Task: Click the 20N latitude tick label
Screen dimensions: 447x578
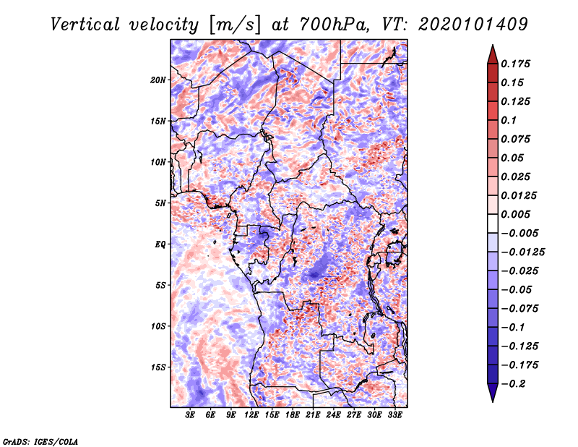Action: click(x=158, y=80)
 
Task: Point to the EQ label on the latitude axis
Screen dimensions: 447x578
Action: click(x=160, y=244)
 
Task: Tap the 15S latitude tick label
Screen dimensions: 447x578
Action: click(x=158, y=367)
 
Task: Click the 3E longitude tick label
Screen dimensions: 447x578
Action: click(x=191, y=416)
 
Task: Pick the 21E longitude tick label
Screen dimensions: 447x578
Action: click(x=314, y=416)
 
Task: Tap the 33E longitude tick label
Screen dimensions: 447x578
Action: click(x=395, y=416)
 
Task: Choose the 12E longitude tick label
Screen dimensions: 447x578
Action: click(x=252, y=416)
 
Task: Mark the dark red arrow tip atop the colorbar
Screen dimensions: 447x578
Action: click(x=492, y=50)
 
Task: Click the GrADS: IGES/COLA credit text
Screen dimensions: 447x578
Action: click(x=40, y=440)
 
